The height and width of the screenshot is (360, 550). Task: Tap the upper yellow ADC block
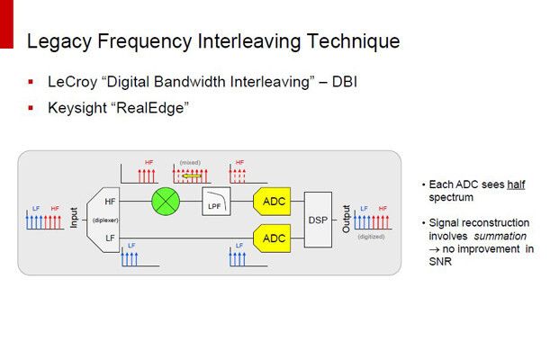[x=274, y=202]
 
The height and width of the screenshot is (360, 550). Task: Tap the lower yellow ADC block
[x=274, y=239]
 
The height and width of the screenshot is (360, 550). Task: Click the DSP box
[x=319, y=220]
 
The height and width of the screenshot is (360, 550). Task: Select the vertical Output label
[x=347, y=219]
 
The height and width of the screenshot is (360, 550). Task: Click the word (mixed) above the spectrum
[x=191, y=163]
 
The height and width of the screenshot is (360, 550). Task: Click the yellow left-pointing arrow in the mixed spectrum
[x=191, y=176]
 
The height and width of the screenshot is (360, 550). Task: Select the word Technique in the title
[x=356, y=41]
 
